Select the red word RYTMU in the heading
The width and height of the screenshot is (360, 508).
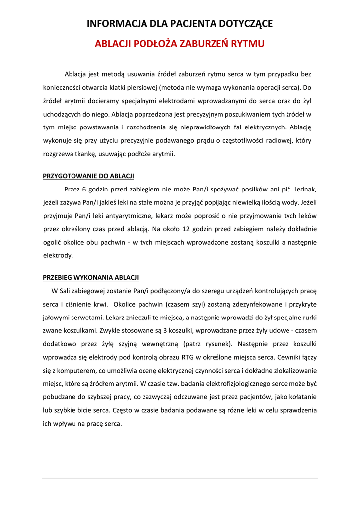[246, 44]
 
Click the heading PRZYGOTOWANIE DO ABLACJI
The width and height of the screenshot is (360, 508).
[88, 176]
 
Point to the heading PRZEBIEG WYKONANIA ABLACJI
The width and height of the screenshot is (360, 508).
[91, 277]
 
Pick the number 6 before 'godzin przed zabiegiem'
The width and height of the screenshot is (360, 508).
[84, 189]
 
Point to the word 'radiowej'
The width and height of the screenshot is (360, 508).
[280, 141]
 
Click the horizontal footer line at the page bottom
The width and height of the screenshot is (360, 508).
[180, 479]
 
